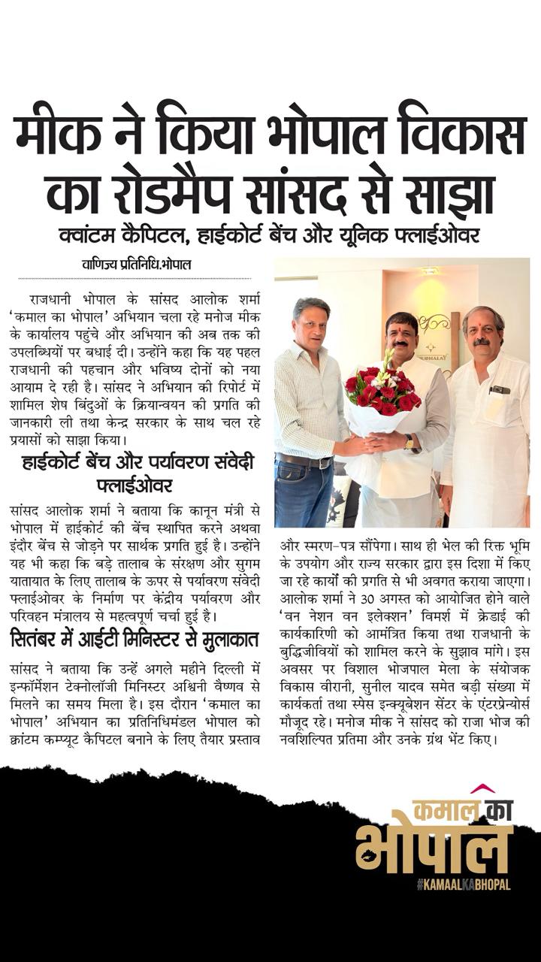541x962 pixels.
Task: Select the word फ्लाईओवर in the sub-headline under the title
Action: point(435,235)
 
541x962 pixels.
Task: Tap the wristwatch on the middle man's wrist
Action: point(408,442)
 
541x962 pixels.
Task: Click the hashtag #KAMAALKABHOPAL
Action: point(463,885)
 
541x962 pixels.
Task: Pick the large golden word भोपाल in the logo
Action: point(434,847)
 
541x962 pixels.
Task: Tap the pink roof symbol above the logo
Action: point(482,788)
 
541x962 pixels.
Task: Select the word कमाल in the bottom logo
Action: point(444,809)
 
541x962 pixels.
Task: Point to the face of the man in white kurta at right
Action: point(483,329)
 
